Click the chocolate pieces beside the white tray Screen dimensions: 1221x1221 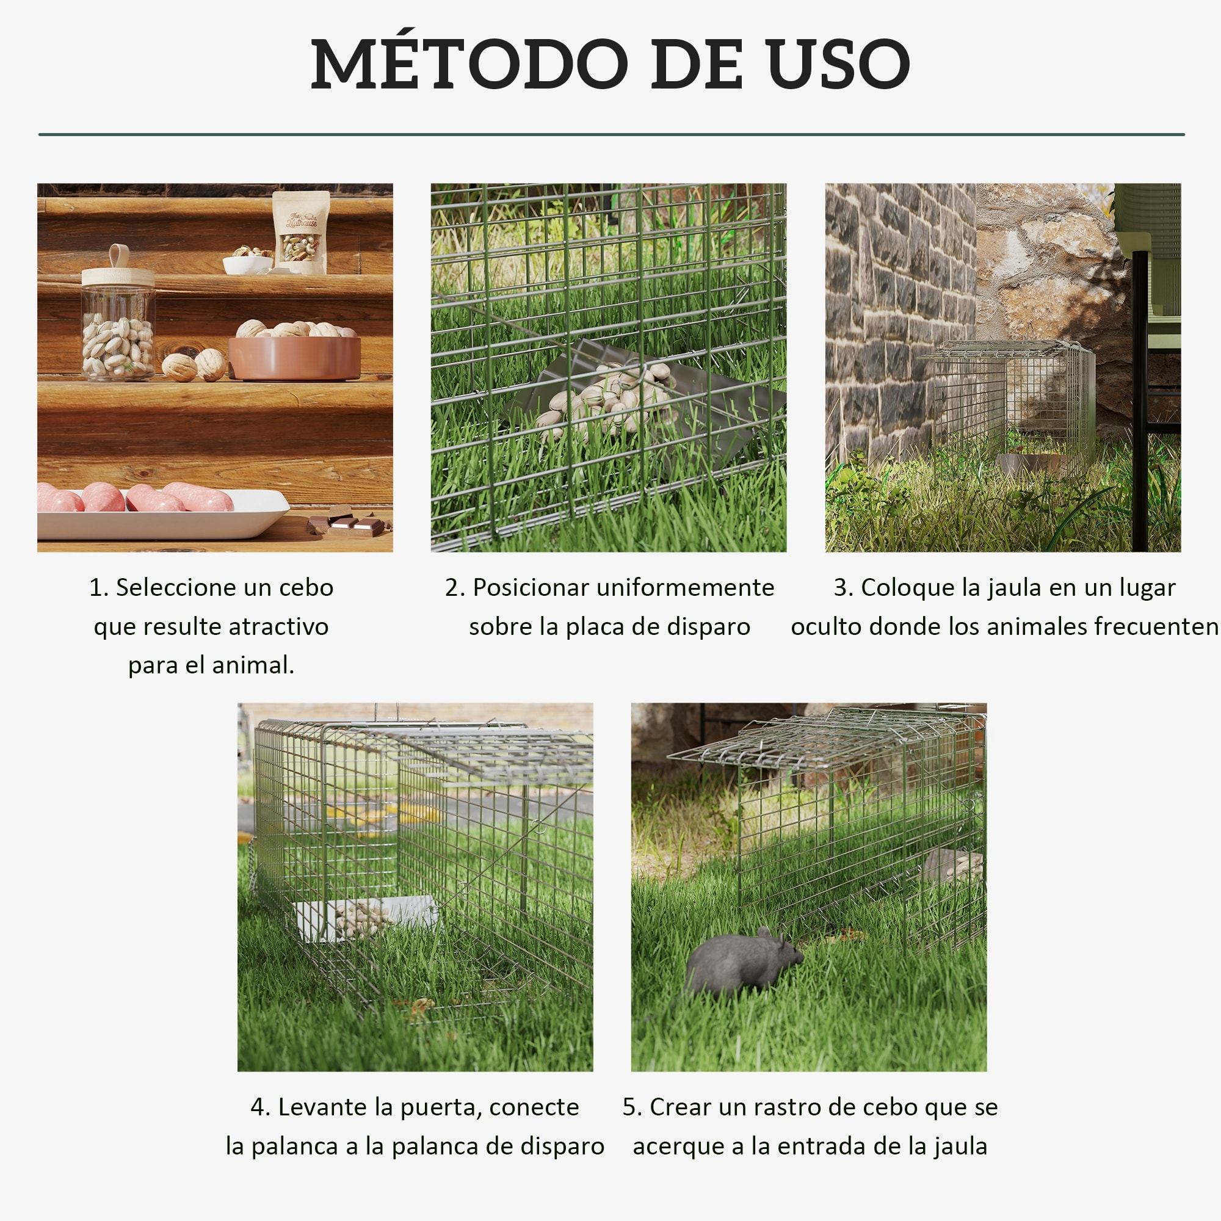click(x=348, y=521)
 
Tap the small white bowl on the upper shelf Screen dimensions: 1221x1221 click(x=248, y=264)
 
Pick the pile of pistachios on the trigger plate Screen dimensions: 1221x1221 click(x=604, y=398)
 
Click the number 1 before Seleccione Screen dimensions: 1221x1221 click(x=95, y=588)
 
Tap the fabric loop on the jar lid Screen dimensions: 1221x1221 click(x=119, y=256)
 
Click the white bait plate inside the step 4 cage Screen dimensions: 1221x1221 click(x=365, y=917)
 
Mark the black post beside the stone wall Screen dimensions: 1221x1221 click(x=1139, y=405)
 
